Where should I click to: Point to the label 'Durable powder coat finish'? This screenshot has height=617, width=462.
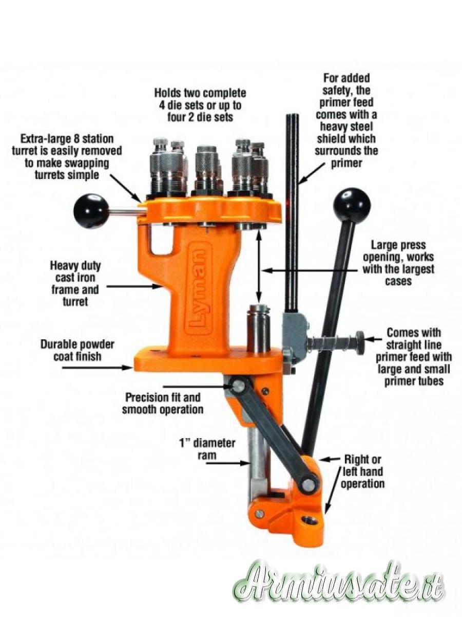click(78, 350)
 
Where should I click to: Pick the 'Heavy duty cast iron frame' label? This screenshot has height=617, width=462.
click(75, 284)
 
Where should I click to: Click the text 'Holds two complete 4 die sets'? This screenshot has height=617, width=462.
click(200, 99)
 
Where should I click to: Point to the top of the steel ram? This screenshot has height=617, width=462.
click(258, 308)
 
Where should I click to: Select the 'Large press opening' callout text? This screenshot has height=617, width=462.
click(398, 263)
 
